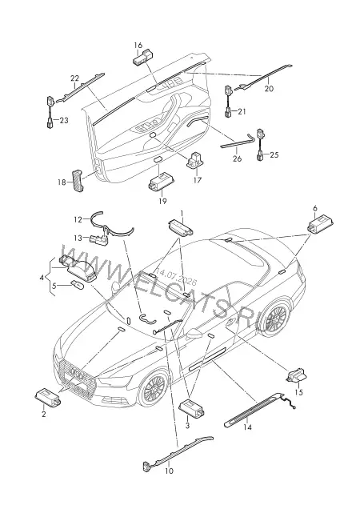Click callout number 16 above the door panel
138,45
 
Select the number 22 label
74,78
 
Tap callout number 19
162,201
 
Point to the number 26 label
238,158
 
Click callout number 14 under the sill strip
247,427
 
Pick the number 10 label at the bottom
169,471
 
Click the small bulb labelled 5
78,286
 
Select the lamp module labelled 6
320,224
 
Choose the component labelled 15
296,377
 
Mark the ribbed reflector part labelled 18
78,181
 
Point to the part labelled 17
194,160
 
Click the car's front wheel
154,388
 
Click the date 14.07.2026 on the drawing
176,276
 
